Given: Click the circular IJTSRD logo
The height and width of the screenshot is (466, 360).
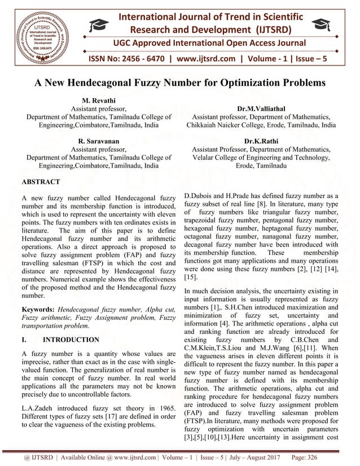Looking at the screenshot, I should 40,32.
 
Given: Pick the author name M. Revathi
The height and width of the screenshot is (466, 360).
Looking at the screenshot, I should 99,98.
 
